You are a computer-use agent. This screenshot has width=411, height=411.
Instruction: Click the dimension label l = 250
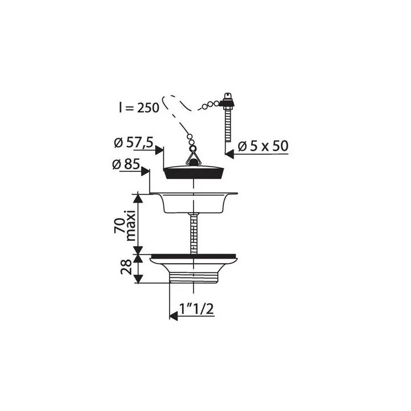139,107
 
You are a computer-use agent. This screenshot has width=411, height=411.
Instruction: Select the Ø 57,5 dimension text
134,143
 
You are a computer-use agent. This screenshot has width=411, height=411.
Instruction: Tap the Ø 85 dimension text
126,164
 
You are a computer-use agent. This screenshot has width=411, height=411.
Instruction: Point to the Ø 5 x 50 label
263,146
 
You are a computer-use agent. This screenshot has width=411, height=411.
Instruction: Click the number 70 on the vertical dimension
119,225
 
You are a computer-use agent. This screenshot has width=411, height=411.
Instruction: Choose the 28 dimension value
126,267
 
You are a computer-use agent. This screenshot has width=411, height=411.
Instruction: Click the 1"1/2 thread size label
196,309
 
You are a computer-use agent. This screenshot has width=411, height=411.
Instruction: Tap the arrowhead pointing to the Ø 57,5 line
159,150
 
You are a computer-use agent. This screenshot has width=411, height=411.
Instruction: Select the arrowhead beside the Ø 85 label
145,172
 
